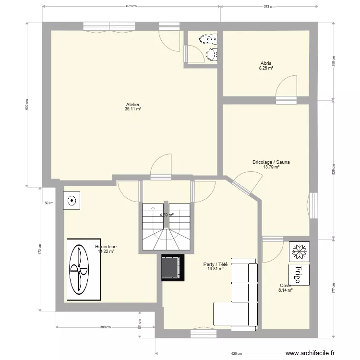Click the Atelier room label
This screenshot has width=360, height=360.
click(132, 104)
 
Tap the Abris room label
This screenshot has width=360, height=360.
click(266, 63)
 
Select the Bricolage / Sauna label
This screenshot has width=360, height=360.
click(271, 162)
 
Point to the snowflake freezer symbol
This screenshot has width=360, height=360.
click(300, 250)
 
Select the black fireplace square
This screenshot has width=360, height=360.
click(172, 266)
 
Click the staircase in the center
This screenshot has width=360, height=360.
click(167, 228)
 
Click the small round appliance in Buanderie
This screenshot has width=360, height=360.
click(72, 201)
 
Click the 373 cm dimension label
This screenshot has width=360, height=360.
click(269, 7)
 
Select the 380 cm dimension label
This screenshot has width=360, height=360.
click(105, 328)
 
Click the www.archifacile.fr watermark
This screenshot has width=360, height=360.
click(311, 353)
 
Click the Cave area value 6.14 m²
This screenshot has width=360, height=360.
click(286, 290)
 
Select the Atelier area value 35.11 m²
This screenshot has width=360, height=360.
click(132, 109)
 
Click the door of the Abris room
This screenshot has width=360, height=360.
click(287, 89)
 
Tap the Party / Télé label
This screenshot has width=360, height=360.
click(215, 264)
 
